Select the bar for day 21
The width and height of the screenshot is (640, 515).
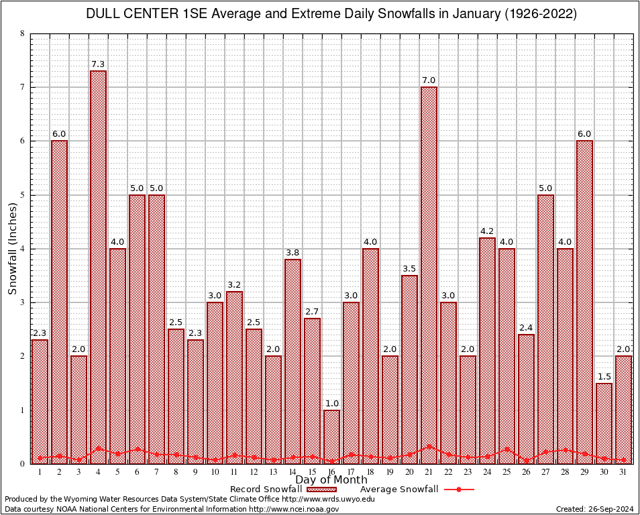pyautogui.click(x=429, y=275)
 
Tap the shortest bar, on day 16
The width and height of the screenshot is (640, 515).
pyautogui.click(x=331, y=436)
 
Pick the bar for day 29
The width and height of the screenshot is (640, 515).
pyautogui.click(x=584, y=302)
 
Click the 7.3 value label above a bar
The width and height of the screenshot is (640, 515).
pyautogui.click(x=98, y=64)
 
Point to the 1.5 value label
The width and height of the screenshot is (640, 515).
pyautogui.click(x=604, y=376)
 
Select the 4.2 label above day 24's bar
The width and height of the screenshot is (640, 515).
pyautogui.click(x=487, y=231)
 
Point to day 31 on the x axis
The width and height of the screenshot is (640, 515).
pyautogui.click(x=623, y=472)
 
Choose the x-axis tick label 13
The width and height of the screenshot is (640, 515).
pyautogui.click(x=273, y=472)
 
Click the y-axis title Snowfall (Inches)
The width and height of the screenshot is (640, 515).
pyautogui.click(x=12, y=249)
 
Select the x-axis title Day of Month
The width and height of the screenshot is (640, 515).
pyautogui.click(x=331, y=480)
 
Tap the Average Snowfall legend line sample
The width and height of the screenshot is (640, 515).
pyautogui.click(x=459, y=490)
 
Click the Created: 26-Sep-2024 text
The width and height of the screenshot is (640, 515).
pyautogui.click(x=595, y=509)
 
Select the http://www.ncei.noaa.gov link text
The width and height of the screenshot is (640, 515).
pyautogui.click(x=303, y=509)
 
